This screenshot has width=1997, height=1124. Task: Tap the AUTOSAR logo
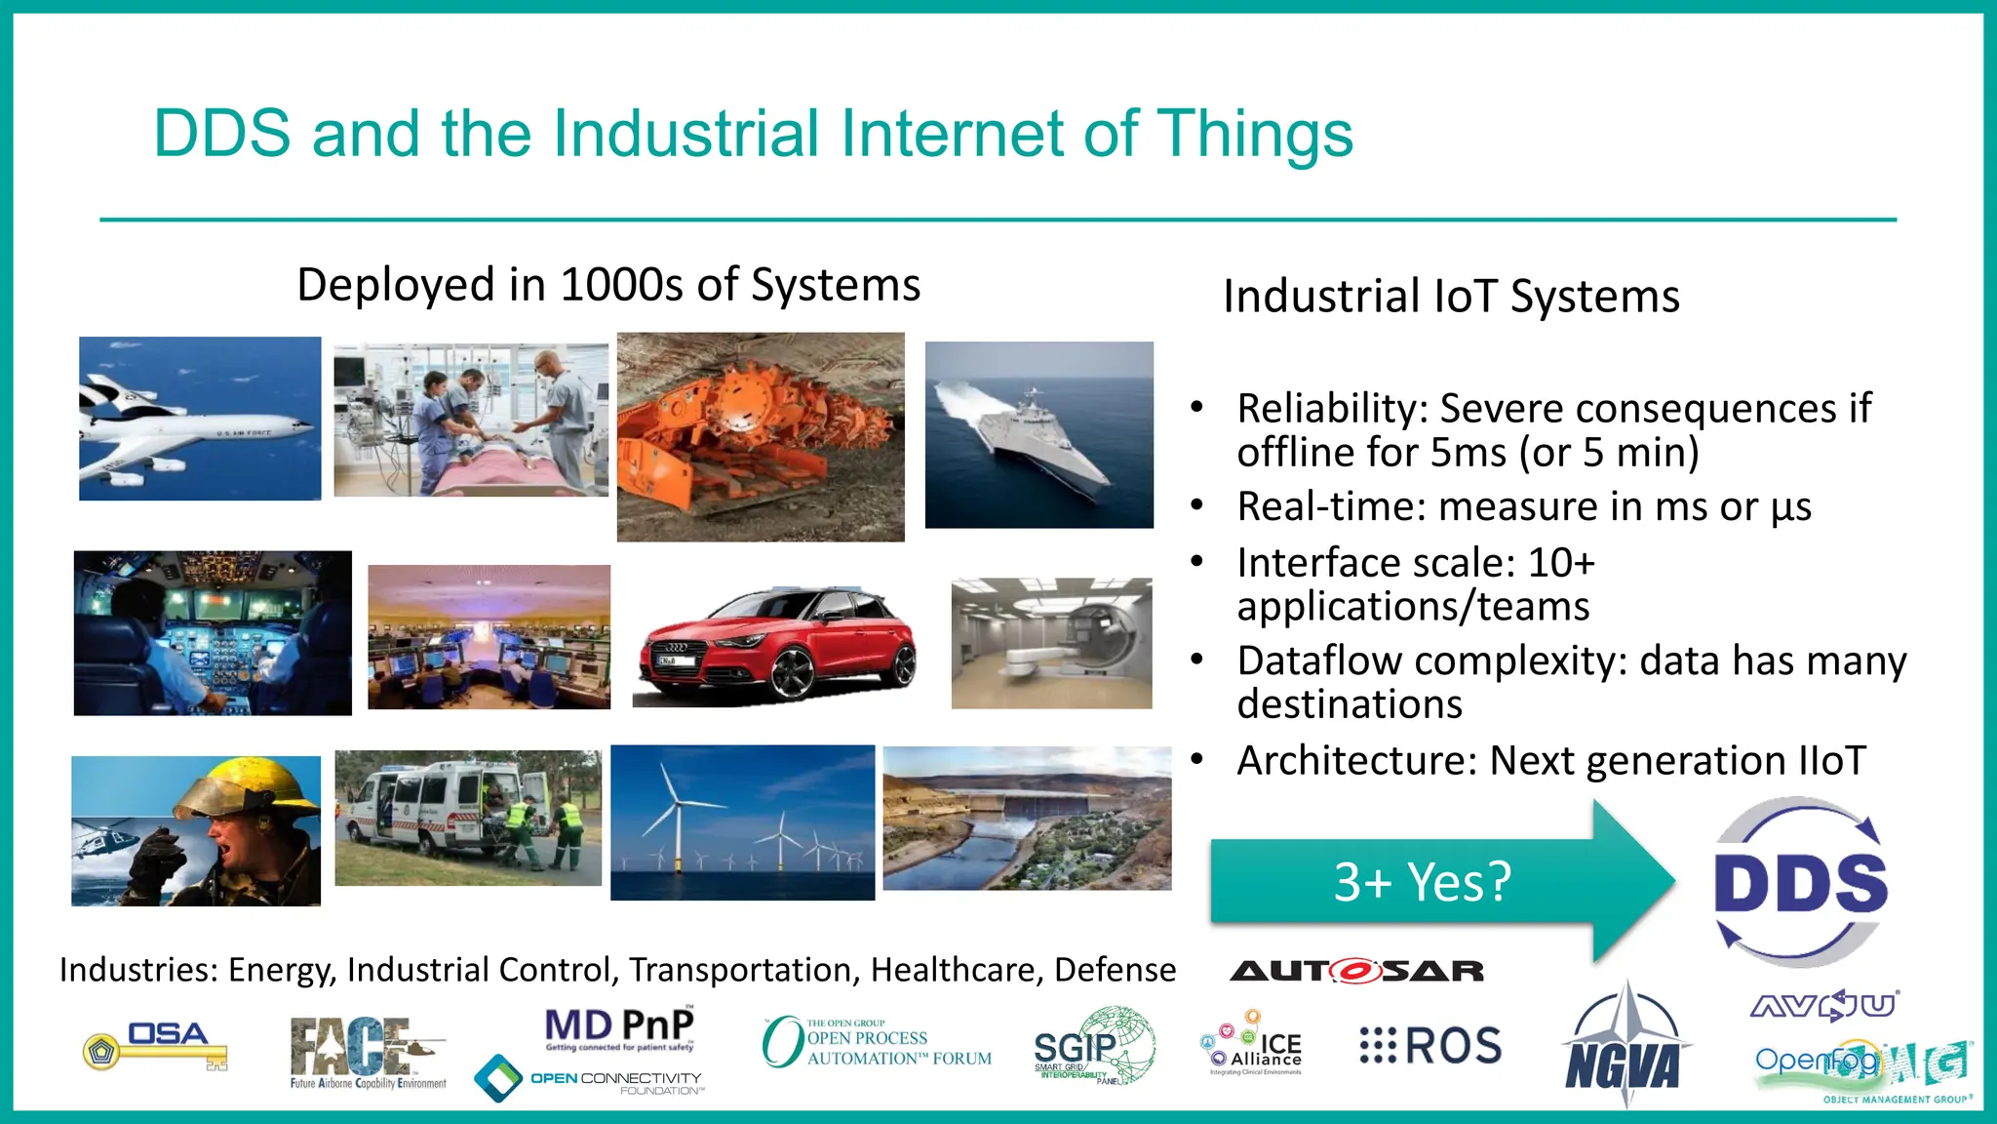[x=1356, y=971]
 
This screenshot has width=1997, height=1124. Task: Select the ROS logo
[x=1430, y=1046]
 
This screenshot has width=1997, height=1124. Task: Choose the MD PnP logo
[x=619, y=1028]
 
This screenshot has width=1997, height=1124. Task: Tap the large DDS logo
[x=1800, y=882]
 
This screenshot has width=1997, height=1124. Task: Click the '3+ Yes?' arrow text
[x=1422, y=882]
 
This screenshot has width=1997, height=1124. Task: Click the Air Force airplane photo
[x=200, y=419]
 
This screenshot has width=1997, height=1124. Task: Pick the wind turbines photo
[x=742, y=822]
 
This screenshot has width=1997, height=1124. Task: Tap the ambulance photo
[x=468, y=818]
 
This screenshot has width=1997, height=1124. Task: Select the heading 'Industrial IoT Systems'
[x=1451, y=297]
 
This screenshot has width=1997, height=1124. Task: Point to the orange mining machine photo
[x=761, y=437]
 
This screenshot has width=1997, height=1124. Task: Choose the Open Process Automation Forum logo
[x=876, y=1043]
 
